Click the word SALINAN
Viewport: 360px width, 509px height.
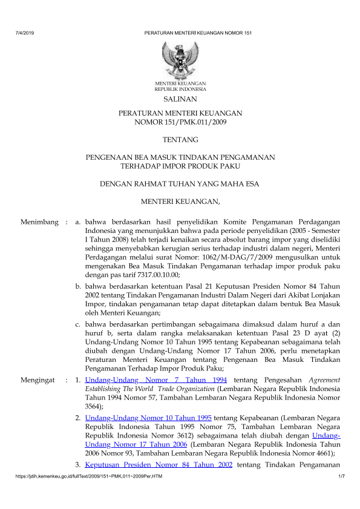tap(180, 99)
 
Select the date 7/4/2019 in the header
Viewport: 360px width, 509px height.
tap(22, 31)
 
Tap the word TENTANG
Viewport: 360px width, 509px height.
tap(180, 140)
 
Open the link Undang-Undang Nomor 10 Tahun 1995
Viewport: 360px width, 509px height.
tap(148, 418)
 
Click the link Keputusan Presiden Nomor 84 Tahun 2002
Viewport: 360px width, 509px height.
tap(159, 465)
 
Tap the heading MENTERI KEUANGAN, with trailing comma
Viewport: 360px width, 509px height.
tap(180, 200)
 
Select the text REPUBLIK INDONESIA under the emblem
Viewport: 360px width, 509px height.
tap(180, 88)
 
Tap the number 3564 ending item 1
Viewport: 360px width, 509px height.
tap(93, 400)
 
